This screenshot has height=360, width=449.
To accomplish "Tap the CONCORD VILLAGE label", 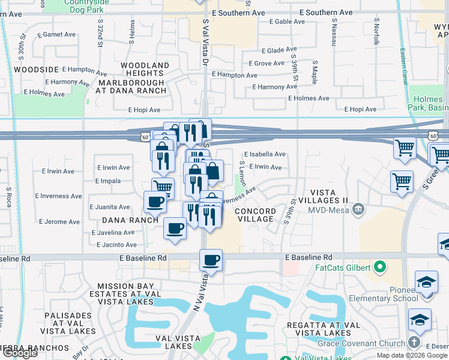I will tap(255, 215).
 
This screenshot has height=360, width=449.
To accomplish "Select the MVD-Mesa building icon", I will tap(358, 209).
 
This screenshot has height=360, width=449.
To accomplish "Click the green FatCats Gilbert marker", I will tap(379, 266).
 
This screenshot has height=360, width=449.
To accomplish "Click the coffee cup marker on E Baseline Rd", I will tap(211, 260).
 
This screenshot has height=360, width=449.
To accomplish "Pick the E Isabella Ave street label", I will tap(265, 154).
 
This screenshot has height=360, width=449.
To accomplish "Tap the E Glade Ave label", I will tap(279, 50).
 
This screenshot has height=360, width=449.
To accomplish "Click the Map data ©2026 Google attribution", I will tap(411, 356).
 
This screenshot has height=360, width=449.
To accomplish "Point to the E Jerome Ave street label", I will tap(59, 222).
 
